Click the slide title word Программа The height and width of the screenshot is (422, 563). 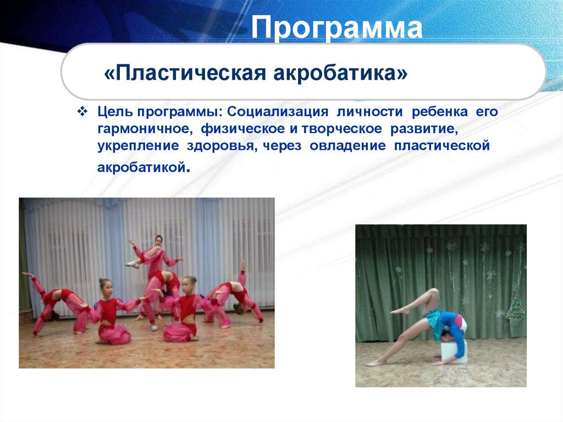(337, 28)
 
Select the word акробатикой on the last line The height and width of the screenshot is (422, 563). (142, 167)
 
